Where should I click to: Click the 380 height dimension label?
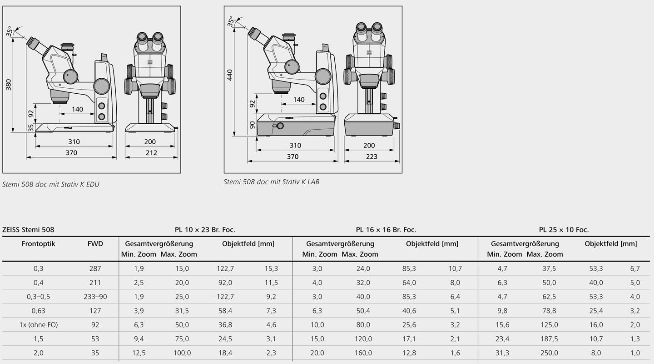pos(9,85)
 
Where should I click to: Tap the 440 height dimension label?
pos(230,75)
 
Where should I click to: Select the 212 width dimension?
pos(151,153)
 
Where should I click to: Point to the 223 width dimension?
pos(372,157)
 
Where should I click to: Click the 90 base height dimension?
pos(253,125)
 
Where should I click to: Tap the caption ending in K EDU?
pos(51,184)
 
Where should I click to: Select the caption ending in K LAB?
pos(272,182)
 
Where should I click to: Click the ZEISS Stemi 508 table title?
pos(28,230)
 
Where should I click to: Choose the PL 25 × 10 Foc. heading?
pos(564,230)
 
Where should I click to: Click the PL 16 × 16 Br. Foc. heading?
pos(386,230)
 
